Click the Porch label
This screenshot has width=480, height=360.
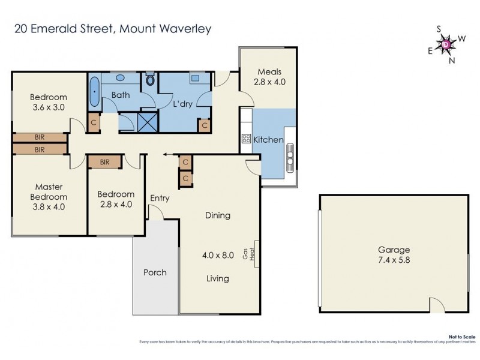point(155,272)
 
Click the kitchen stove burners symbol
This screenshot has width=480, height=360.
point(245,139)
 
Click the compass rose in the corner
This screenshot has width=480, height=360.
point(446,43)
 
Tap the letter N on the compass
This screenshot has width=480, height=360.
point(452,59)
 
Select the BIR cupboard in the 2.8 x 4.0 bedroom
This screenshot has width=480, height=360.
point(105,162)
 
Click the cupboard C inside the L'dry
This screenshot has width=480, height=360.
point(205,126)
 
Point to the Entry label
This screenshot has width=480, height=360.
point(160,198)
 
